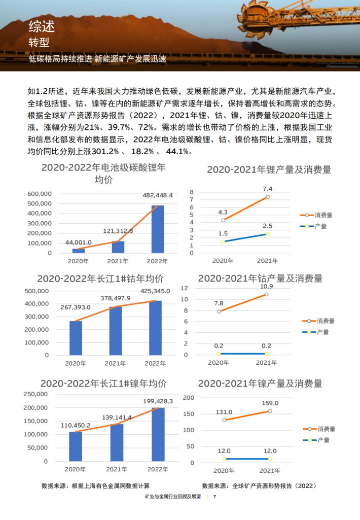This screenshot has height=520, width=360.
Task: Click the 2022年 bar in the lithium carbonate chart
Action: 157,229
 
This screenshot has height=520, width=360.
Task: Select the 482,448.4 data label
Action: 157,195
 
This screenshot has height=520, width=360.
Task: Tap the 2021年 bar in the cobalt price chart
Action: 115,330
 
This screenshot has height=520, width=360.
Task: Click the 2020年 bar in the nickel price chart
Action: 76,446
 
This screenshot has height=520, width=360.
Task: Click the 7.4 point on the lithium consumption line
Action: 267,197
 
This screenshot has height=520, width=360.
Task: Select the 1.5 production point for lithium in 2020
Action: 223,241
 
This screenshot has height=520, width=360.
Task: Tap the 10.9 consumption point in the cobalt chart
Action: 267,294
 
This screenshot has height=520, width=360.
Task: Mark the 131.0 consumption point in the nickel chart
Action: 224,420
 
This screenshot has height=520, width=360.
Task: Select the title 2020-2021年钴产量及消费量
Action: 260,279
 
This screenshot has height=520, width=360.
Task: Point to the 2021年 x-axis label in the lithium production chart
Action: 267,261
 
